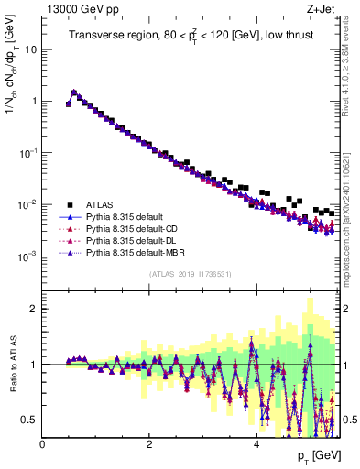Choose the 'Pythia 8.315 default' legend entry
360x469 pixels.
(x=127, y=216)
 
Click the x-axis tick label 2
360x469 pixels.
(x=149, y=444)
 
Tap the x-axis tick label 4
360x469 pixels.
(x=256, y=444)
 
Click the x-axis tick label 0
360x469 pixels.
(x=43, y=444)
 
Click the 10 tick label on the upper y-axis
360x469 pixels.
(x=31, y=49)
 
